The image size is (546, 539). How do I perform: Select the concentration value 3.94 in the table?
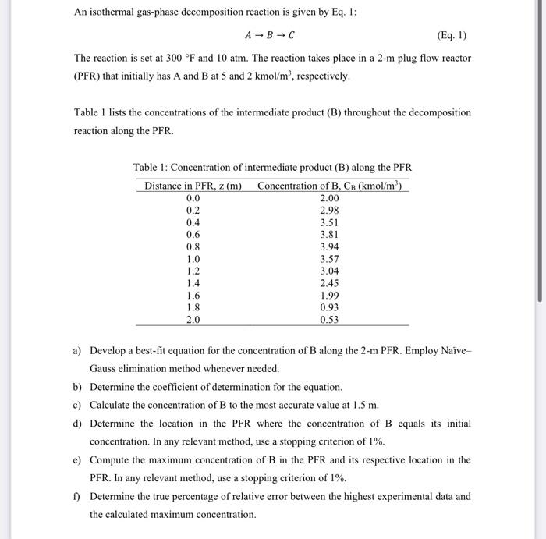coord(330,246)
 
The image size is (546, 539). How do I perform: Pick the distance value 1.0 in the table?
coord(193,259)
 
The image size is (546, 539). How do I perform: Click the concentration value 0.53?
coord(330,320)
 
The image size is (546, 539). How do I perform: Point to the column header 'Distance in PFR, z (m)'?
coord(193,186)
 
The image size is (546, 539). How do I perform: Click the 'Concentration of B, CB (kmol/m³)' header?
coord(332,186)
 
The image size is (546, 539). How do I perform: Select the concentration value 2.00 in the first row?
coord(330,198)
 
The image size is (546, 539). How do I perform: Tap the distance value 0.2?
coord(193,211)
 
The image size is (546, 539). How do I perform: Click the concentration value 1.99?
coord(330,296)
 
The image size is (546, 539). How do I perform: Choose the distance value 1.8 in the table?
coord(193,307)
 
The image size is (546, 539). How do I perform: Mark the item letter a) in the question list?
coord(78,351)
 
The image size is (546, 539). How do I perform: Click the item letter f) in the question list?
coord(77,496)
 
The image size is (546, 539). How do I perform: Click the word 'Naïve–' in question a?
coord(452,351)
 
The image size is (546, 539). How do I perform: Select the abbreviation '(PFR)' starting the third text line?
coord(89,76)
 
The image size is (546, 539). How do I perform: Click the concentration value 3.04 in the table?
coord(330,271)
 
